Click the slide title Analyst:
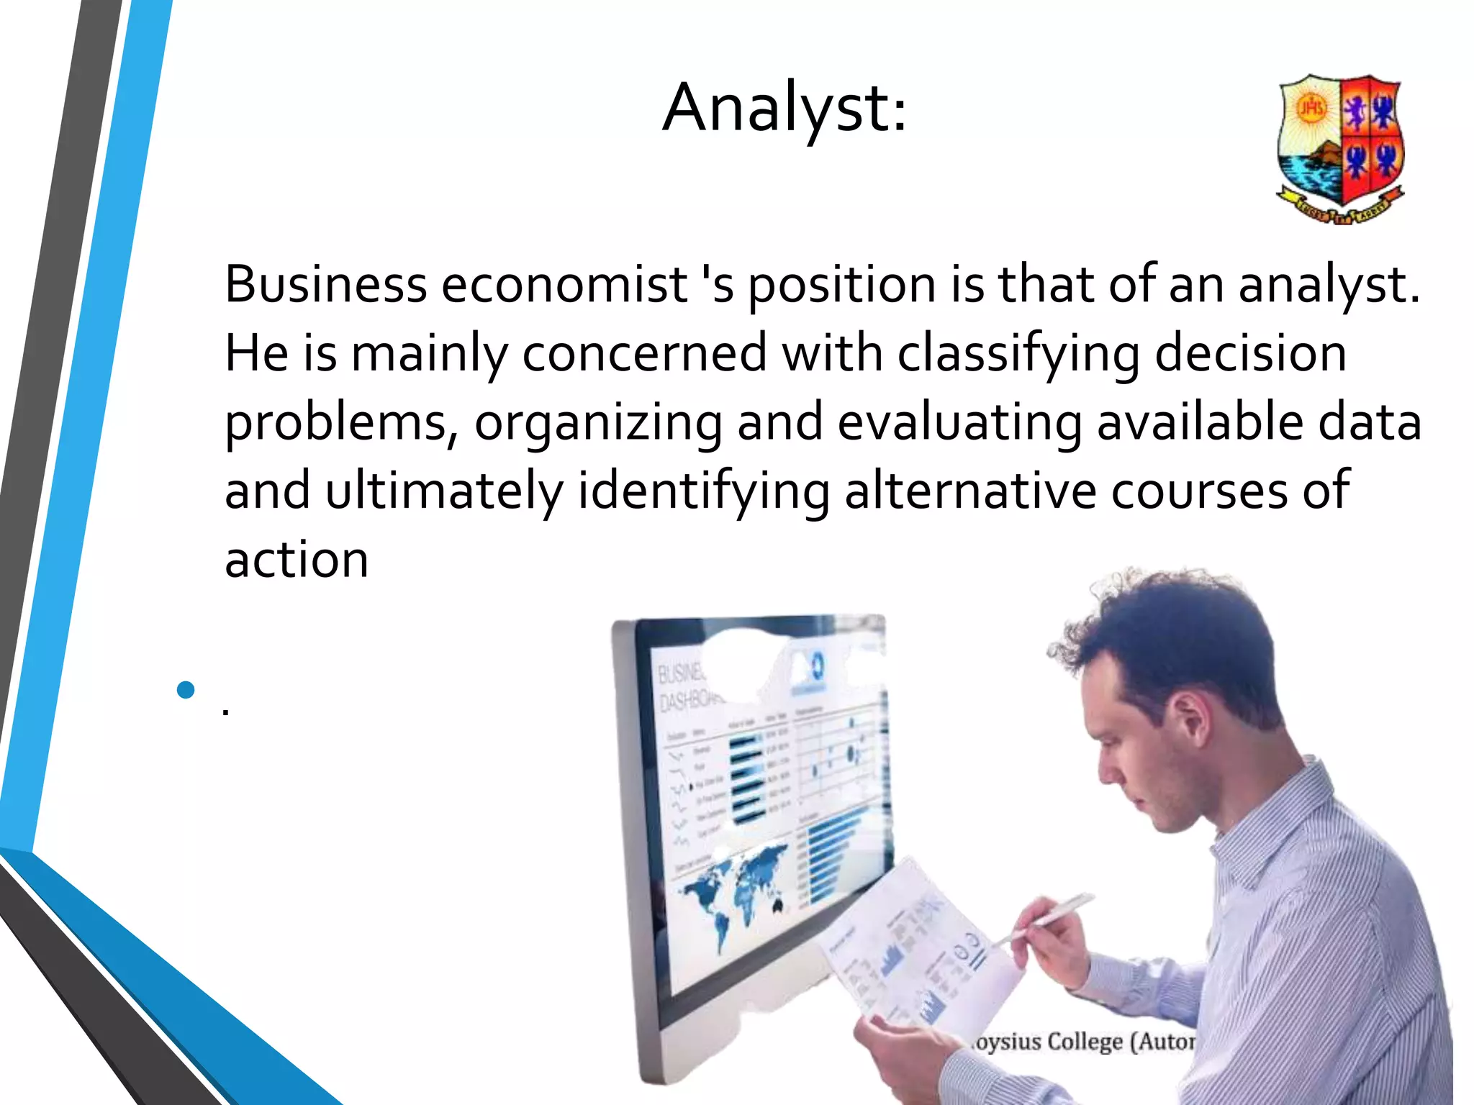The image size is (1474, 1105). point(785,108)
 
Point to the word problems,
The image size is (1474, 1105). point(341,423)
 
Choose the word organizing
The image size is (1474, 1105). point(597,423)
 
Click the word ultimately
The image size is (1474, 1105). point(443,491)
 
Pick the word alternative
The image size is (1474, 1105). point(969,491)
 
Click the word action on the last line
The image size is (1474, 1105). point(297,560)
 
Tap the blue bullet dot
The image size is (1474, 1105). point(186,690)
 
